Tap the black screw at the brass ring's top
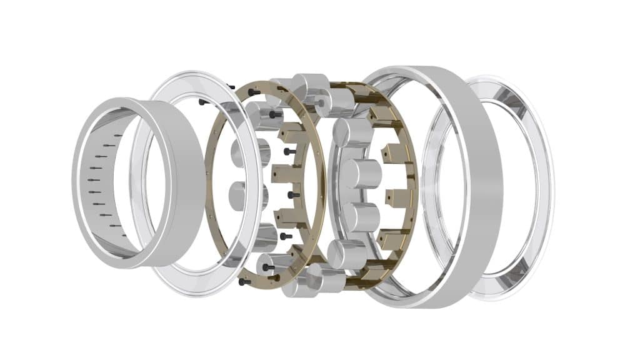pos(254,92)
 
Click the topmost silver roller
pos(311,84)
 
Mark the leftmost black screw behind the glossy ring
pos(202,101)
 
